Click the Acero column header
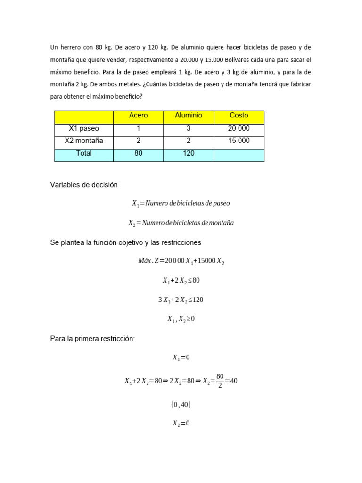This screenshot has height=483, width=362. tap(138, 116)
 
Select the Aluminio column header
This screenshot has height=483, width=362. tap(189, 116)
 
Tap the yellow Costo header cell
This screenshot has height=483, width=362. tap(239, 116)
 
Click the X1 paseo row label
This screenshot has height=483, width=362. tap(84, 128)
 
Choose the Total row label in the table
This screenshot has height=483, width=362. tap(84, 153)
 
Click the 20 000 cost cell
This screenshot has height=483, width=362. tap(239, 128)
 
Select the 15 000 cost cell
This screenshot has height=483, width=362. tap(239, 141)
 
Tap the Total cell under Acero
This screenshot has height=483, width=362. tap(138, 153)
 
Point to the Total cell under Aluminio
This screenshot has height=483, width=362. tap(189, 153)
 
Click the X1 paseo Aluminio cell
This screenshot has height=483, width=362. tap(189, 128)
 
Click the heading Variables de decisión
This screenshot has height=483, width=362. tap(84, 185)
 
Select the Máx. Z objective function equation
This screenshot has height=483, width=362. tap(181, 261)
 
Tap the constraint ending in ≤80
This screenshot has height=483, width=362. tap(181, 280)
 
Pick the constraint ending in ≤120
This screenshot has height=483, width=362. tap(181, 300)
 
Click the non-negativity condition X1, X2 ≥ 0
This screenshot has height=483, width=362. tap(181, 319)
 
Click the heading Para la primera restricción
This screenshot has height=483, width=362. tap(92, 338)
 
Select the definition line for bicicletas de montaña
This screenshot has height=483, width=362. tap(181, 223)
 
